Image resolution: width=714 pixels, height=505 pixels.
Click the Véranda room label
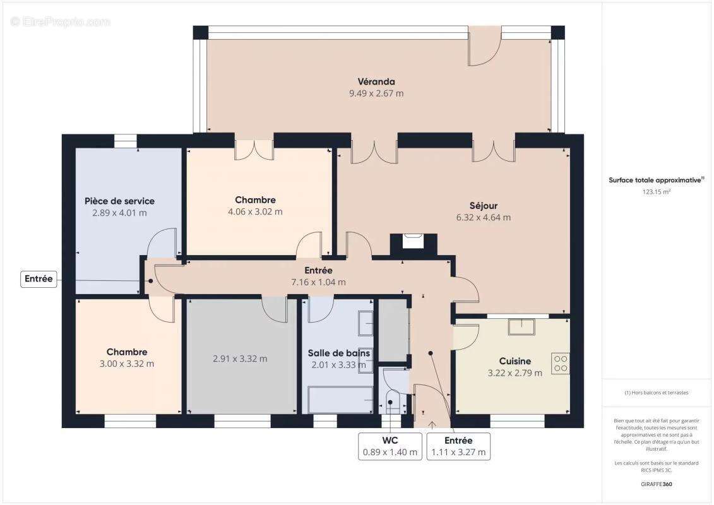[x=376, y=81]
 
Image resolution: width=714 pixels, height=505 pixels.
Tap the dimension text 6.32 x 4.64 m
[x=484, y=218]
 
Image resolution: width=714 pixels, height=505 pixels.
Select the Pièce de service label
[x=119, y=201]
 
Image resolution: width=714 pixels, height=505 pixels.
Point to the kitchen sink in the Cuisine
[x=521, y=326]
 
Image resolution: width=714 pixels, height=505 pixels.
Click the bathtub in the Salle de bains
[x=340, y=400]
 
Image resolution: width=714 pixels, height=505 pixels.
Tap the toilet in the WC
[x=391, y=403]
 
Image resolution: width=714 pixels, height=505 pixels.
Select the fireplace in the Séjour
[x=413, y=243]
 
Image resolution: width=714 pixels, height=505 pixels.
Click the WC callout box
[x=390, y=446]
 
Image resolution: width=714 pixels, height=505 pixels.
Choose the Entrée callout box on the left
[x=39, y=278]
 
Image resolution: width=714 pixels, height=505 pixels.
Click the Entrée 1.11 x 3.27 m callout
[x=458, y=446]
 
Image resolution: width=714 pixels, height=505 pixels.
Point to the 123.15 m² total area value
[x=656, y=192]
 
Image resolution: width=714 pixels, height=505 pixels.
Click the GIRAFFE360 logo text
[x=656, y=485]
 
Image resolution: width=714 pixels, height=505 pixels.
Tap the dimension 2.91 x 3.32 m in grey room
[x=240, y=359]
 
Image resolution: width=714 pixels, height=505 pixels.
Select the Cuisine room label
[x=515, y=361]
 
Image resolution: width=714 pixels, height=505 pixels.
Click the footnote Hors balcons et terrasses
[x=656, y=393]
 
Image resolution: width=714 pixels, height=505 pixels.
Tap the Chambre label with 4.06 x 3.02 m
[x=255, y=200]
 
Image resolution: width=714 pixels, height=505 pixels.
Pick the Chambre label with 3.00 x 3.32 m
[x=127, y=352]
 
